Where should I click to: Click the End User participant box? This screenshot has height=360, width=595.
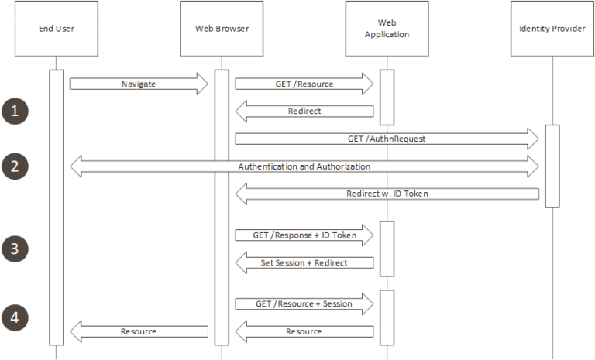[56, 29]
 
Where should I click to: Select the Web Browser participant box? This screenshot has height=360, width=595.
[222, 29]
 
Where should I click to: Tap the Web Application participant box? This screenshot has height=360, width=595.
[387, 29]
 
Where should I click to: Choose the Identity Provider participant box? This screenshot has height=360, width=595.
[552, 29]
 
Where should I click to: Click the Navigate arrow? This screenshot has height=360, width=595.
[139, 84]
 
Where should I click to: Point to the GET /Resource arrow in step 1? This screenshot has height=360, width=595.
[304, 84]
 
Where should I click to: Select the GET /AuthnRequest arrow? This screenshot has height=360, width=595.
[387, 139]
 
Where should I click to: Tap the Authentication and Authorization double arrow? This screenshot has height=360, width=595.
[304, 166]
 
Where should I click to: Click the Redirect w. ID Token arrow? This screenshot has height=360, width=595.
[387, 194]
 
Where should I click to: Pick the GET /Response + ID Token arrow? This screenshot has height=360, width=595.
[304, 235]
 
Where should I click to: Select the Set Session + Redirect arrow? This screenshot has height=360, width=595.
[304, 262]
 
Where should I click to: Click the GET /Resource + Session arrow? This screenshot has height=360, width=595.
[304, 303]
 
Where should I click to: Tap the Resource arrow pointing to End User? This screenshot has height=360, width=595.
[139, 331]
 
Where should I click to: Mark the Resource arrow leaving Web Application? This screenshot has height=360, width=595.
[304, 331]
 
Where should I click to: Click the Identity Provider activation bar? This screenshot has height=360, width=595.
[552, 166]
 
